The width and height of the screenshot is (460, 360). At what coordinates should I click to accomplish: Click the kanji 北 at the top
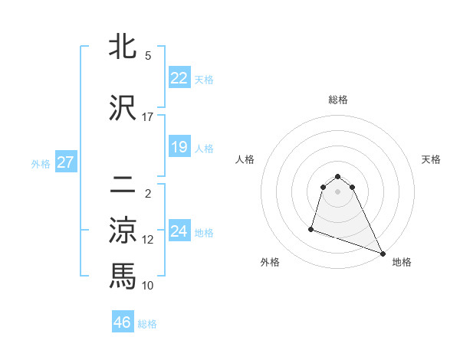(123, 48)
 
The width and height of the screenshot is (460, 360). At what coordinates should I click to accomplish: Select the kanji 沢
(123, 109)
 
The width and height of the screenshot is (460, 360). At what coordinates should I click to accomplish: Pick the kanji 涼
(123, 231)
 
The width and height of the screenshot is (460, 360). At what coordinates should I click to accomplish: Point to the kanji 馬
(123, 276)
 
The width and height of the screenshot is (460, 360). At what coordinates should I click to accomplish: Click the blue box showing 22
(179, 78)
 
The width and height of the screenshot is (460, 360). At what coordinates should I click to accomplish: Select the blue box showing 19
(179, 147)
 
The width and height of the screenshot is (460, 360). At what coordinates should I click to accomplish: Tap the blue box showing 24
(179, 232)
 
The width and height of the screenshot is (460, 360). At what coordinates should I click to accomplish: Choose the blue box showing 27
(66, 162)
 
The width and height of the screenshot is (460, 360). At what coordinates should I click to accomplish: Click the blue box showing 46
(123, 322)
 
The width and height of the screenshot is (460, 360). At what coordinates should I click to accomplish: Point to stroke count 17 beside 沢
(147, 117)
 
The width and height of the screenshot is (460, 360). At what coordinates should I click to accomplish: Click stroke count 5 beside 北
(147, 56)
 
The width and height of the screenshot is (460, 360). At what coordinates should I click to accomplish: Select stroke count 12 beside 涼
(148, 240)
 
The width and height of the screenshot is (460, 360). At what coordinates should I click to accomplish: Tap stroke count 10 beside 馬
(148, 285)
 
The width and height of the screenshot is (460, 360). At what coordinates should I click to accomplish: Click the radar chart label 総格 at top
(338, 100)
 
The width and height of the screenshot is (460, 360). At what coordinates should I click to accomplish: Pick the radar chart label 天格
(431, 159)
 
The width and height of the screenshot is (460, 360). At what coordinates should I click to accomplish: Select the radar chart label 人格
(245, 159)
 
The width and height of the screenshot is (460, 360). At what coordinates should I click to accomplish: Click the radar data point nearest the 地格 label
(383, 253)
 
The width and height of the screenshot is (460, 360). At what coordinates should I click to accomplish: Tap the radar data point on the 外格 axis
(311, 228)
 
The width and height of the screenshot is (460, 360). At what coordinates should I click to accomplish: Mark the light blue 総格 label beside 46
(147, 324)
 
